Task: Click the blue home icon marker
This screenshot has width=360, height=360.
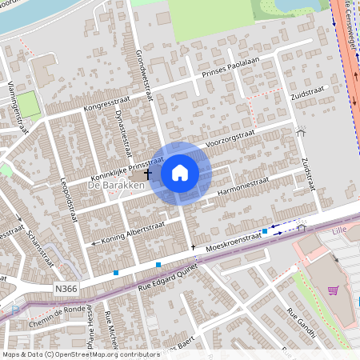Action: (180, 172)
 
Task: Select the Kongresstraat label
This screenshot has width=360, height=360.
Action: (106, 104)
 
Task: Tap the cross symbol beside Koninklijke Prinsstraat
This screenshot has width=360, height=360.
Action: (147, 172)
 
